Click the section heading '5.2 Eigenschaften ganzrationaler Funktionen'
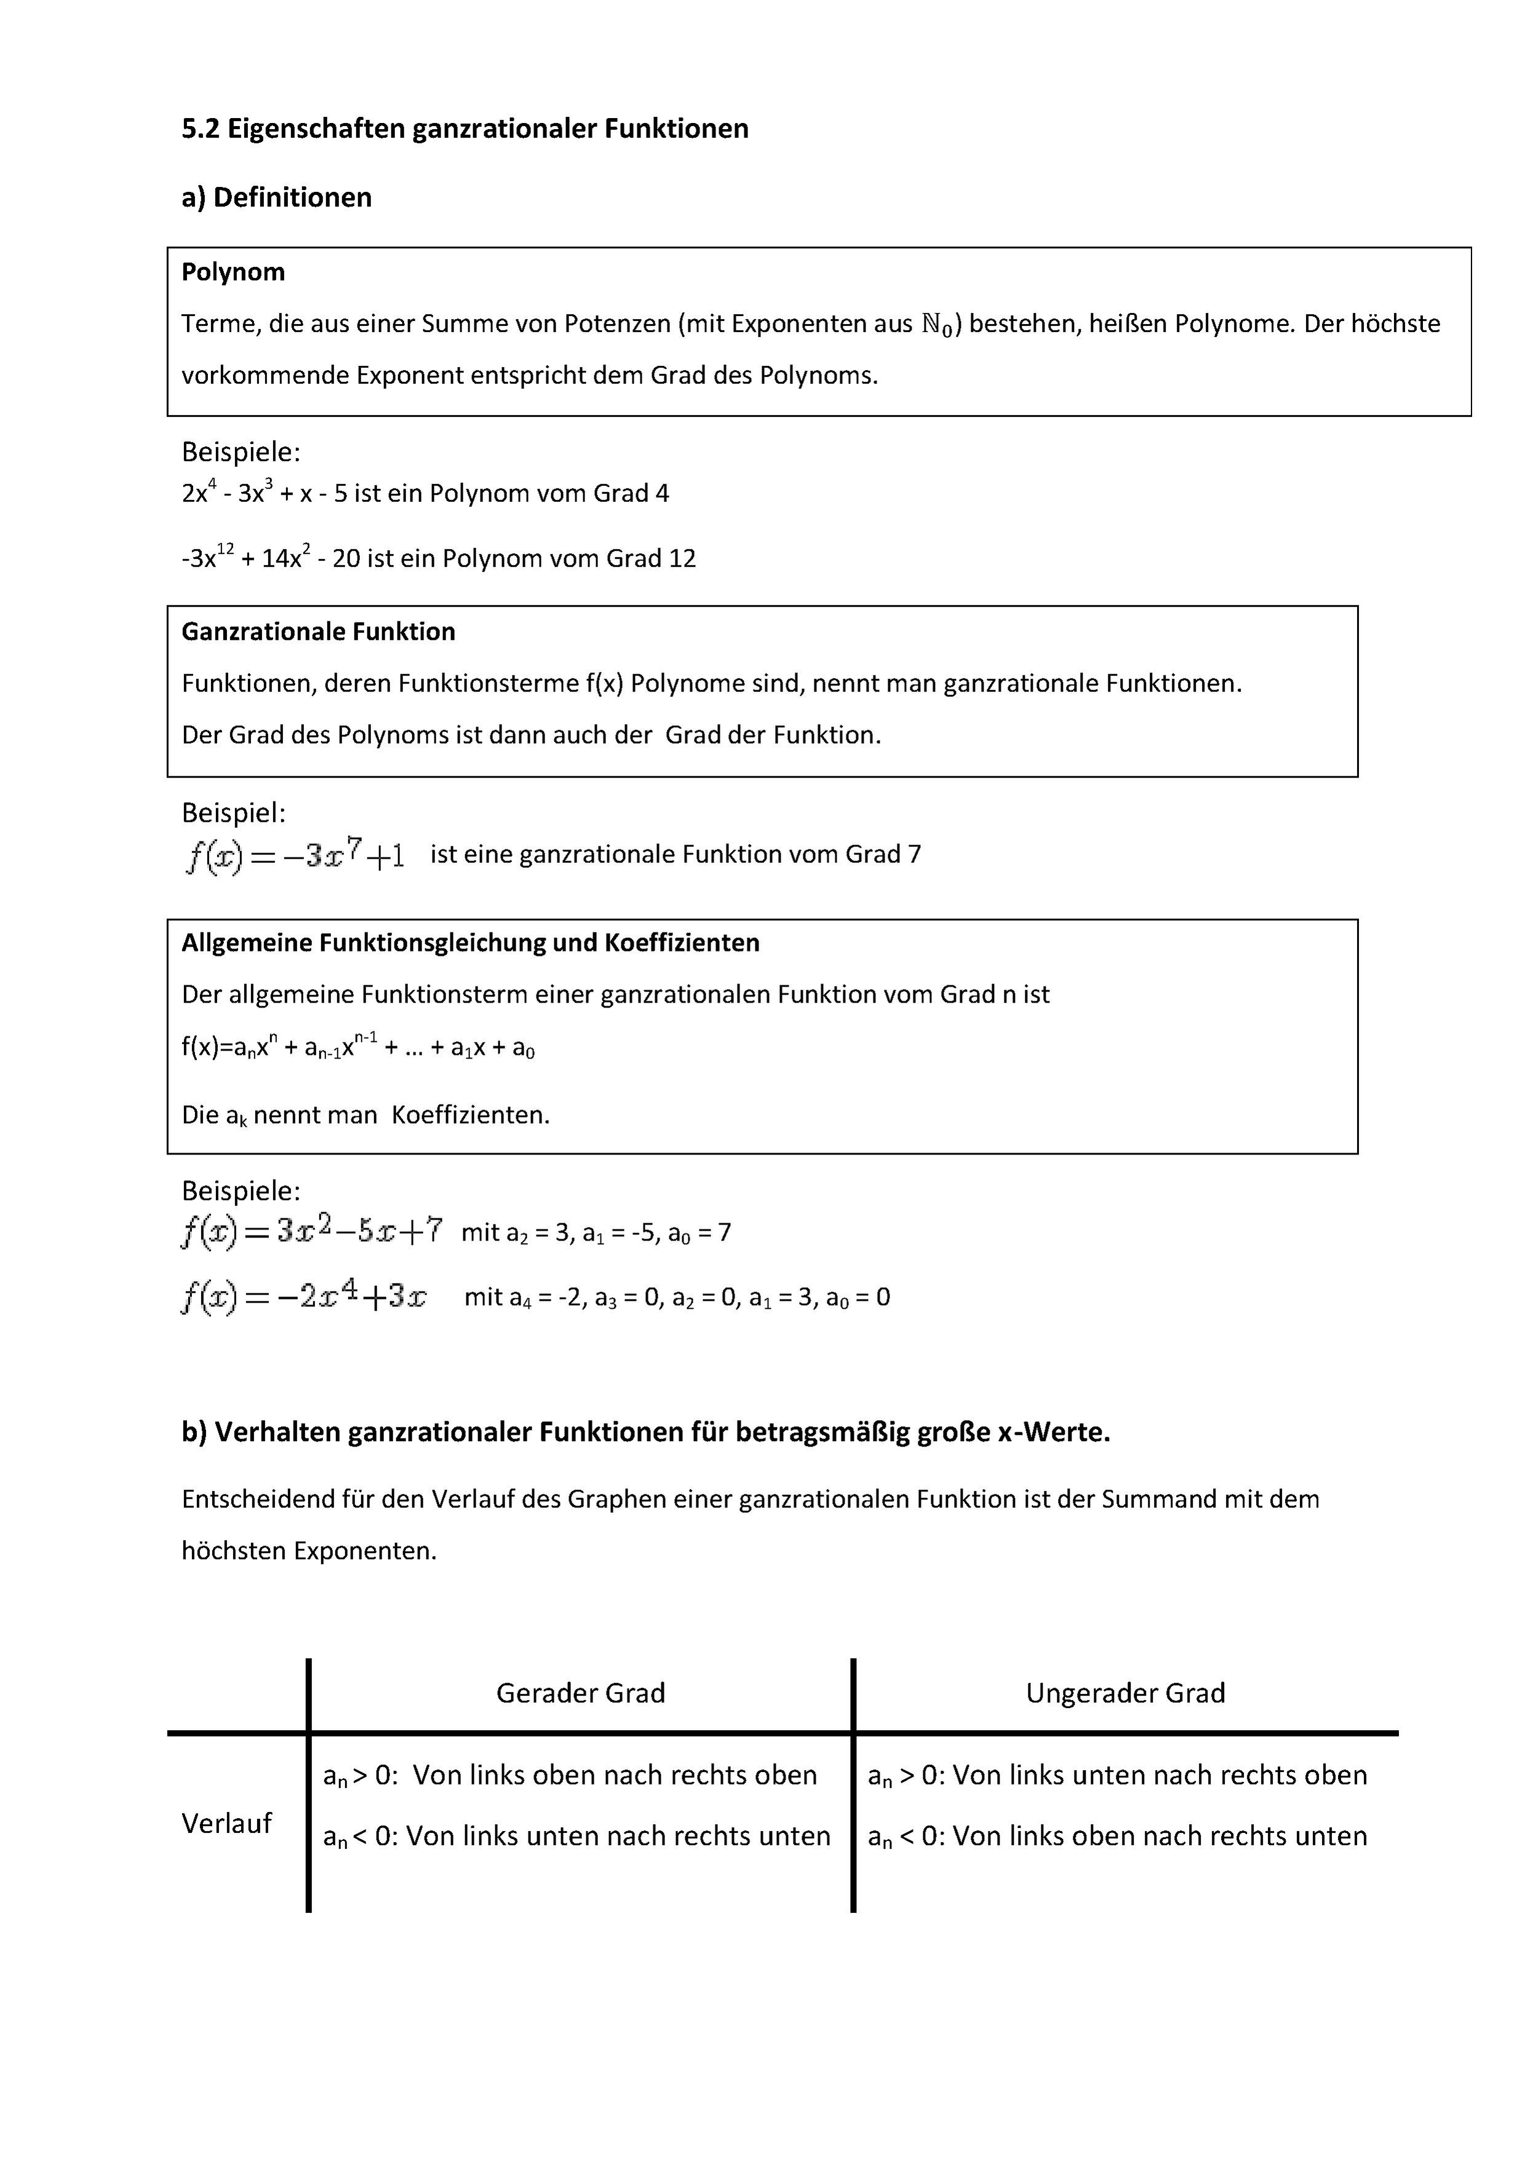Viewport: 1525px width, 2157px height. [x=464, y=129]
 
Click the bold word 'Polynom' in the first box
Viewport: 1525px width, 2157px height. [x=233, y=272]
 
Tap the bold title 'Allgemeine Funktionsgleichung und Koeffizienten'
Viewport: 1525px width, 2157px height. [x=470, y=943]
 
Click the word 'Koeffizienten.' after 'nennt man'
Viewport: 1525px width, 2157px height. [x=470, y=1115]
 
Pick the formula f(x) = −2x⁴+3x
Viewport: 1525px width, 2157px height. [x=303, y=1298]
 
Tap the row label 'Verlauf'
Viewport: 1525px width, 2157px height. [x=226, y=1824]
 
